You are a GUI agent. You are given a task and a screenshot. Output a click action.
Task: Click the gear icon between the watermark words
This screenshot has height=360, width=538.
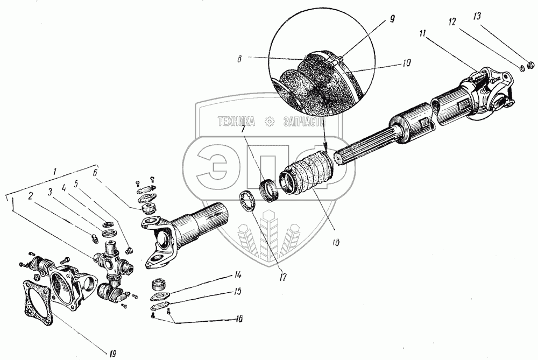(x=270, y=122)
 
